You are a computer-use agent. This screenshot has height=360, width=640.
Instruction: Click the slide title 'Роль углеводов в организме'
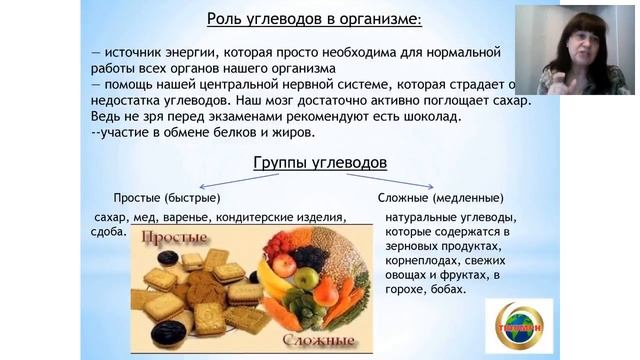[x=313, y=18]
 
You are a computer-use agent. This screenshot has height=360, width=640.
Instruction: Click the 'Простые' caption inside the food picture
[x=174, y=238]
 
